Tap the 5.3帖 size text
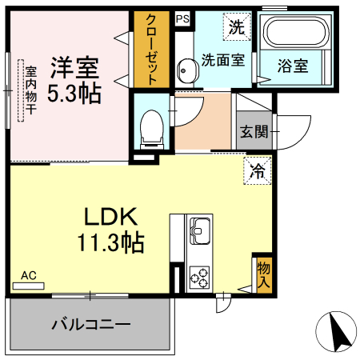pos(74,93)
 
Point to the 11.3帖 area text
pos(111,242)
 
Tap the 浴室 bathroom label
pos(293,66)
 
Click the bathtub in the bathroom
pos(294,34)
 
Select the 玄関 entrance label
pos(250,131)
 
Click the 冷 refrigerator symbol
pos(258,170)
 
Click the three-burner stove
pos(198,278)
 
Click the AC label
pos(29,276)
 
